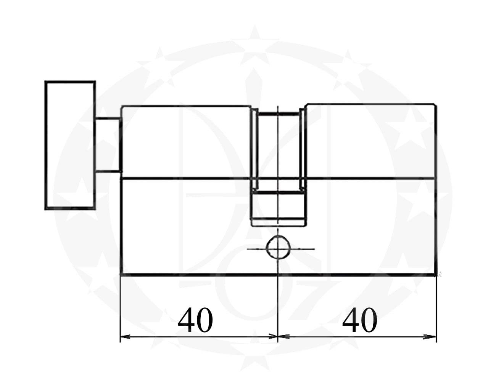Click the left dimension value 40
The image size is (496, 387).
(x=195, y=320)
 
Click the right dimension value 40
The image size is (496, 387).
(x=360, y=320)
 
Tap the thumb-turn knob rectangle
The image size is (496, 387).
(x=70, y=145)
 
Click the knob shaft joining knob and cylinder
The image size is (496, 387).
(x=108, y=145)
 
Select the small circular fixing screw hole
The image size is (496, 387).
(x=278, y=249)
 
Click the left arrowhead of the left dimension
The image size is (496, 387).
(x=125, y=336)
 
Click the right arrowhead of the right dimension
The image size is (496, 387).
(x=432, y=336)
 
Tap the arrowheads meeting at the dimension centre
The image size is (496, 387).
(x=278, y=336)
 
